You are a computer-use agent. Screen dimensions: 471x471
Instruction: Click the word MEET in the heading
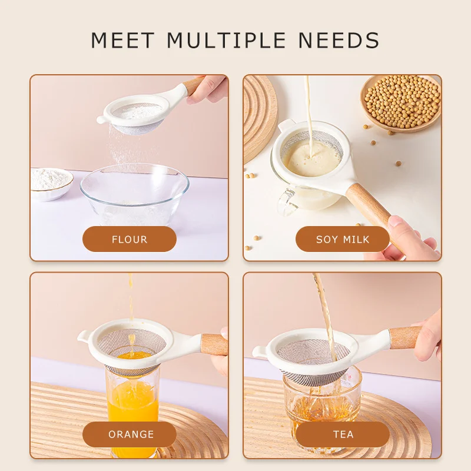[122, 40]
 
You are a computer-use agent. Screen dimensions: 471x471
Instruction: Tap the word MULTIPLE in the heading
[226, 40]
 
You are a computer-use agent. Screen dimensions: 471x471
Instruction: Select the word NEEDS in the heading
[339, 40]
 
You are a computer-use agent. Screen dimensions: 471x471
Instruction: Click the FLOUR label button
[130, 239]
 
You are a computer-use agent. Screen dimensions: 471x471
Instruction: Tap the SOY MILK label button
[343, 239]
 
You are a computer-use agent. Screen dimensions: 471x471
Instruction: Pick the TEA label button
[343, 434]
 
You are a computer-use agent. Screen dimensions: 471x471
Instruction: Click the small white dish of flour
[51, 184]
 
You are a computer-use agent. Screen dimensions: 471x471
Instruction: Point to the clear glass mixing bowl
[135, 194]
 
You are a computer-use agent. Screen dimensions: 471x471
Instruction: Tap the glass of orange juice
[132, 400]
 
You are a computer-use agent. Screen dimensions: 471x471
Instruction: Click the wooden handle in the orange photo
[214, 344]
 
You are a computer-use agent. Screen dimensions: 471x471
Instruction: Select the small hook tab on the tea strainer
[259, 351]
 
